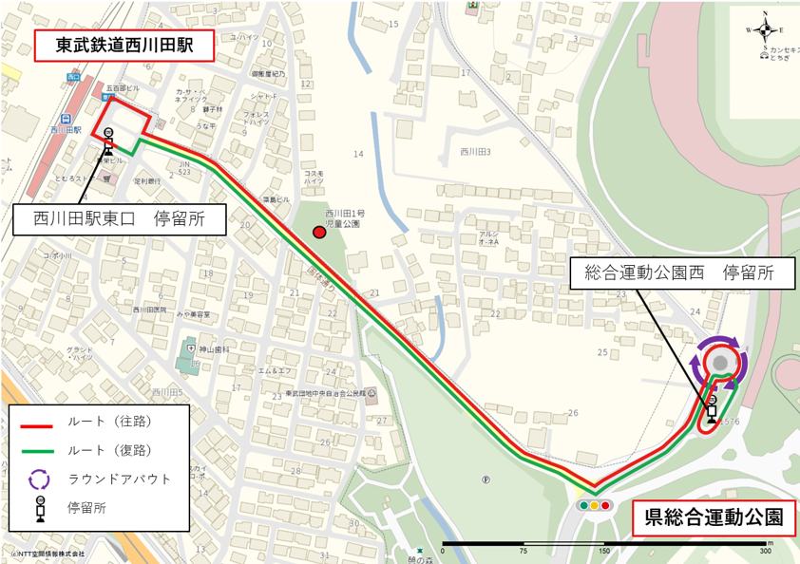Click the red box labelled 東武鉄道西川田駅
(x=124, y=46)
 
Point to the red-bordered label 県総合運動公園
(x=714, y=517)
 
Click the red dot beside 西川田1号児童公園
(x=320, y=232)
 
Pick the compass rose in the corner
(x=766, y=29)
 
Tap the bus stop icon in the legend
(x=41, y=508)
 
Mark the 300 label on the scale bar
(x=765, y=551)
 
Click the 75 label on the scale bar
(x=524, y=551)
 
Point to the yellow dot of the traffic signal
(x=595, y=505)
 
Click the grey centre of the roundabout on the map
(x=719, y=363)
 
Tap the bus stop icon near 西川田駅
(x=108, y=141)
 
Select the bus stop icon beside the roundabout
(x=712, y=409)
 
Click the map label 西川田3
(x=474, y=152)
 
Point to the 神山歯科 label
(x=217, y=348)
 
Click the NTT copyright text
(x=46, y=554)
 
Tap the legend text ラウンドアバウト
(x=120, y=479)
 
